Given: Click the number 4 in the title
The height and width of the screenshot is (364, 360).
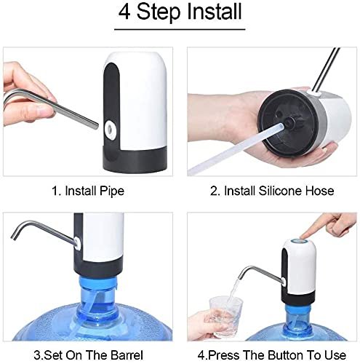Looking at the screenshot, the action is click(x=124, y=12).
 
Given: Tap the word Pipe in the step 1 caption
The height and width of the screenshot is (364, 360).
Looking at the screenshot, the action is click(x=112, y=191).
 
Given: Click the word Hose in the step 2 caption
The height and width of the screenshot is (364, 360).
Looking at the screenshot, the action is click(x=319, y=191).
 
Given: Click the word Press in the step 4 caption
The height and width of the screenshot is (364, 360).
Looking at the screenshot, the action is click(x=223, y=355).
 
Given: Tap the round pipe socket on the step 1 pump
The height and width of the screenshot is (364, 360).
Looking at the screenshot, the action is click(x=111, y=130).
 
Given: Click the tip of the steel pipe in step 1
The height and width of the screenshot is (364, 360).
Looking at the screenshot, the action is click(x=97, y=126).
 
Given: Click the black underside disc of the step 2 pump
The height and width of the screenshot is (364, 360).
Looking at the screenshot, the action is click(x=288, y=122).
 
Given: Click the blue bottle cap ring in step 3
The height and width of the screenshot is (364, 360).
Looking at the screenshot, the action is click(x=98, y=283).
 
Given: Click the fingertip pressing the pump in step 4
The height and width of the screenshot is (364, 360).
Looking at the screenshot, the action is click(x=303, y=237).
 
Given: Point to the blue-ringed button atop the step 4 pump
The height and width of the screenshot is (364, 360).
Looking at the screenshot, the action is click(x=300, y=242).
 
